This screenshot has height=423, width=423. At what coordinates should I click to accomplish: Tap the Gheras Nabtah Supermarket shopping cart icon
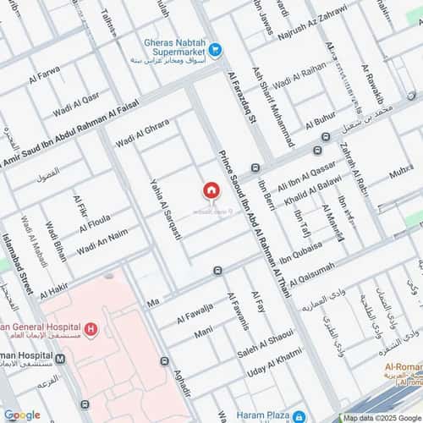[x=216, y=51]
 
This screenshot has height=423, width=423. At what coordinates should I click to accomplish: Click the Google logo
[x=21, y=415]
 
